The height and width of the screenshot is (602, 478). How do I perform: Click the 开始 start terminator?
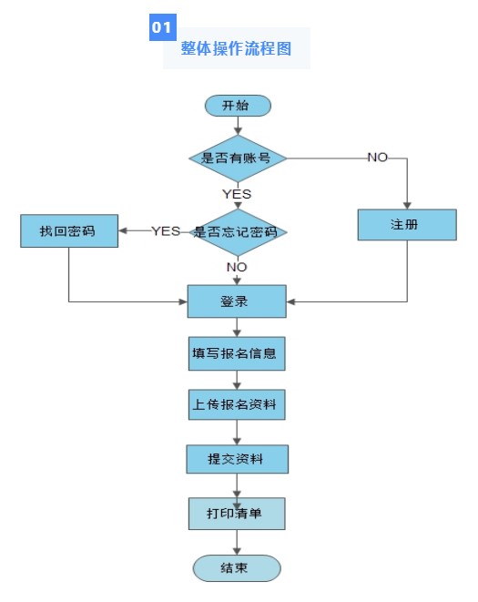(238, 106)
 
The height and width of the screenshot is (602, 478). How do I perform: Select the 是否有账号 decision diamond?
(238, 158)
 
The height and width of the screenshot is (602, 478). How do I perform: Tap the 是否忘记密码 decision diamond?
(237, 231)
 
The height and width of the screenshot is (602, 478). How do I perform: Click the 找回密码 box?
(69, 231)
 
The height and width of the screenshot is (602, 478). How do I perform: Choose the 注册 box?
(406, 224)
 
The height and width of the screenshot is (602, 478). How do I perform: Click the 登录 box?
(237, 301)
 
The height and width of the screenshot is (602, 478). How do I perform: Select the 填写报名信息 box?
(237, 353)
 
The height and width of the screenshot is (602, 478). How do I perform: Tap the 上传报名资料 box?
(237, 405)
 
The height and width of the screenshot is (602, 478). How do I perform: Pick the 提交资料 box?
(237, 459)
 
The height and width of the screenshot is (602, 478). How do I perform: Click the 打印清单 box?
(237, 514)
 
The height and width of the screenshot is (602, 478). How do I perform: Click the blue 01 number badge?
(162, 28)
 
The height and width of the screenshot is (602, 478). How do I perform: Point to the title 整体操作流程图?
(236, 49)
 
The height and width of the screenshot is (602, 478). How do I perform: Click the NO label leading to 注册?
(377, 158)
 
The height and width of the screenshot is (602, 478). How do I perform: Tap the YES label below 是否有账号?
(237, 193)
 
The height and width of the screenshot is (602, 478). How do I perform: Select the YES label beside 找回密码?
(166, 231)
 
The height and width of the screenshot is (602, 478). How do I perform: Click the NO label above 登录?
(237, 267)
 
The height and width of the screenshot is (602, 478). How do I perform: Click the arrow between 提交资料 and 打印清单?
(238, 485)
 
